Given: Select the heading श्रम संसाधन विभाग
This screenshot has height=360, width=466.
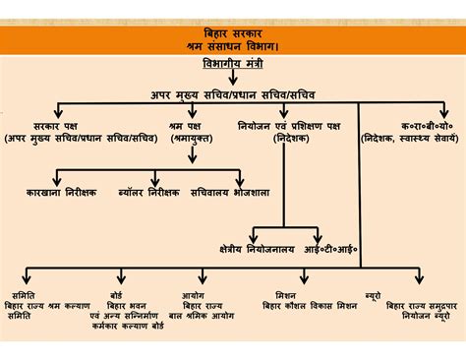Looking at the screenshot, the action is click(x=234, y=46).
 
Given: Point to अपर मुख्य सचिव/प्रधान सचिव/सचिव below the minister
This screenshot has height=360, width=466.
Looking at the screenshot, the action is click(x=233, y=95).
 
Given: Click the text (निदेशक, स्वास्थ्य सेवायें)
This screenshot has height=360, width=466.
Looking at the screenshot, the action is click(x=412, y=140).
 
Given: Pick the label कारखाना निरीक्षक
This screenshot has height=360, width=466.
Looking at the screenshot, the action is click(x=62, y=193).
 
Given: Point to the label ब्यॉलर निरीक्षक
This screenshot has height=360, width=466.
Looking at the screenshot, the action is click(x=147, y=193).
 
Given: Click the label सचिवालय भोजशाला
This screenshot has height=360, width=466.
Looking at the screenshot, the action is click(x=231, y=193).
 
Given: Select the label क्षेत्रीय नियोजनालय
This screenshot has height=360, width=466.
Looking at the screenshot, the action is click(x=253, y=250).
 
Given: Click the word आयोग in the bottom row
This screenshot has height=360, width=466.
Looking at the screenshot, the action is click(x=193, y=294).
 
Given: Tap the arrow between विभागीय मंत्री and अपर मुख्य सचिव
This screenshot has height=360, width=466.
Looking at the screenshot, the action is click(x=233, y=78).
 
